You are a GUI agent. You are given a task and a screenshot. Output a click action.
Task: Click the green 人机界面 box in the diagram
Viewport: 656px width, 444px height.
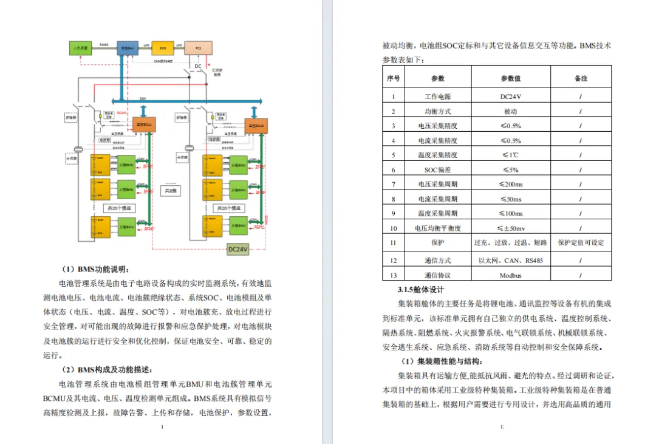[81, 47]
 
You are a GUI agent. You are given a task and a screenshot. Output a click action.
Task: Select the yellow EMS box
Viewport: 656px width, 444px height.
[163, 47]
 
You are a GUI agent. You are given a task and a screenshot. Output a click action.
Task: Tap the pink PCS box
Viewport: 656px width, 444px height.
[198, 47]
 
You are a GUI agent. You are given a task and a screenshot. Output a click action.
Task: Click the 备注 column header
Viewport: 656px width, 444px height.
[581, 78]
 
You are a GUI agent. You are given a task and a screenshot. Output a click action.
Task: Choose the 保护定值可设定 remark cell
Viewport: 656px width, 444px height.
[581, 242]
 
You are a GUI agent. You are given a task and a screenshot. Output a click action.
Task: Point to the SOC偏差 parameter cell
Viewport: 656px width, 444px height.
[437, 169]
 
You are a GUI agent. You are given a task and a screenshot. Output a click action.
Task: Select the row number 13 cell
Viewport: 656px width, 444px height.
[394, 275]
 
